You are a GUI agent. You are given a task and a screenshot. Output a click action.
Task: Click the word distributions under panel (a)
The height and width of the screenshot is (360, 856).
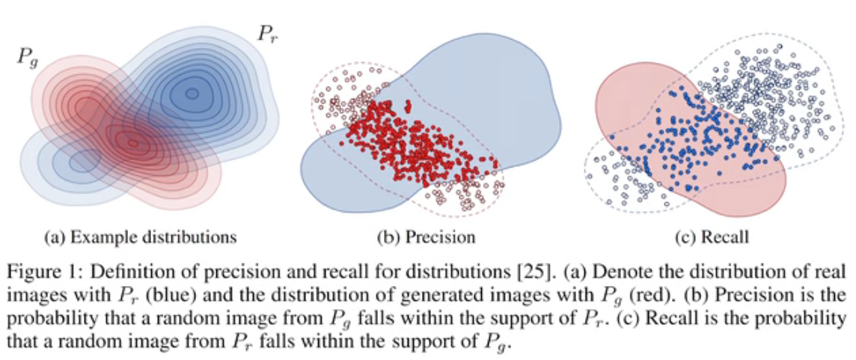[186, 238]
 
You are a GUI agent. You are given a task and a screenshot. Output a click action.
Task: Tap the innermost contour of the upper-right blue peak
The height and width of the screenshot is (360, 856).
[192, 94]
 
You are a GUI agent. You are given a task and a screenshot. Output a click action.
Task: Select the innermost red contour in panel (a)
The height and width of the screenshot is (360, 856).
[132, 141]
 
